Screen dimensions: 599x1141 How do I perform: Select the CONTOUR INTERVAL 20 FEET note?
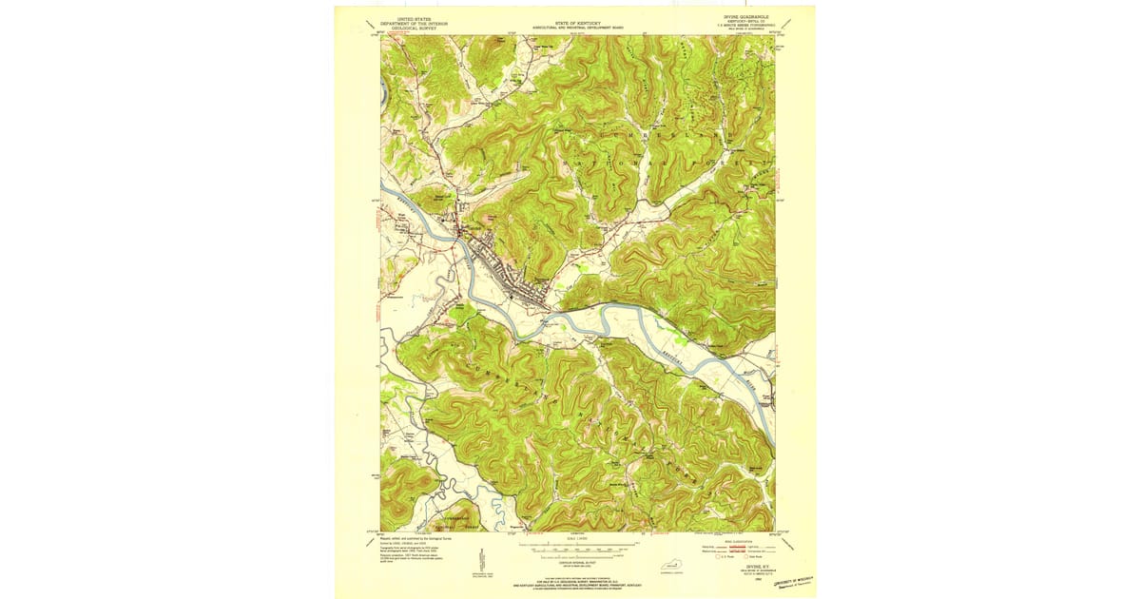(577, 563)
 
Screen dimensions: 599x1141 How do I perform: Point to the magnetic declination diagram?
(482, 560)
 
